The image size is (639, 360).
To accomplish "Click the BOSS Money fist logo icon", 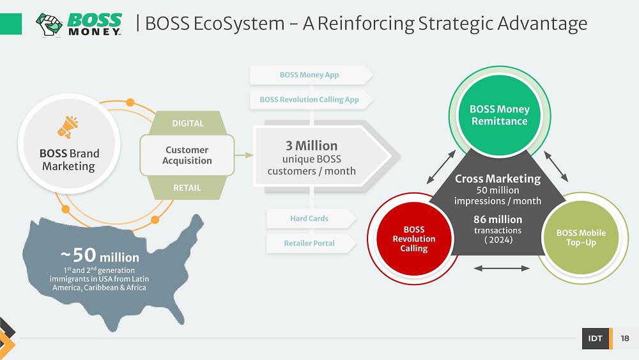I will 49,24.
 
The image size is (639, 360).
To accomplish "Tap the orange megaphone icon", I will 68,127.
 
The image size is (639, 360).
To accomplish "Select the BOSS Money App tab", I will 309,75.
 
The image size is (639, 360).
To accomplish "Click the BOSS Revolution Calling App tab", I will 309,100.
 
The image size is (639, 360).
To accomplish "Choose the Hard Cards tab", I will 309,219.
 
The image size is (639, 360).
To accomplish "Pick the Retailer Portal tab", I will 309,243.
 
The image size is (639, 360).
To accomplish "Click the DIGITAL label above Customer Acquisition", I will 188,123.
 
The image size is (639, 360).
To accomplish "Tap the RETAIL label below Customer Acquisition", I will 187,188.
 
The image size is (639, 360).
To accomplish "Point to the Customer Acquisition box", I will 187,155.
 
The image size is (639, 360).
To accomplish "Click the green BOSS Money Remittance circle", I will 499,115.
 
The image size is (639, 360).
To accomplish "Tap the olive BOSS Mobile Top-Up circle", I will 581,238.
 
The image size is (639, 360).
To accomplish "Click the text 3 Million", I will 311,146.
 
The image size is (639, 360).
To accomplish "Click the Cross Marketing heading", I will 498,179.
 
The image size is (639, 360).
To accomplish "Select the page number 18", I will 624,339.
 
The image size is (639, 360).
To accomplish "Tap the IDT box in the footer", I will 595,339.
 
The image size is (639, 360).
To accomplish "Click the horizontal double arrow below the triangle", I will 502,269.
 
